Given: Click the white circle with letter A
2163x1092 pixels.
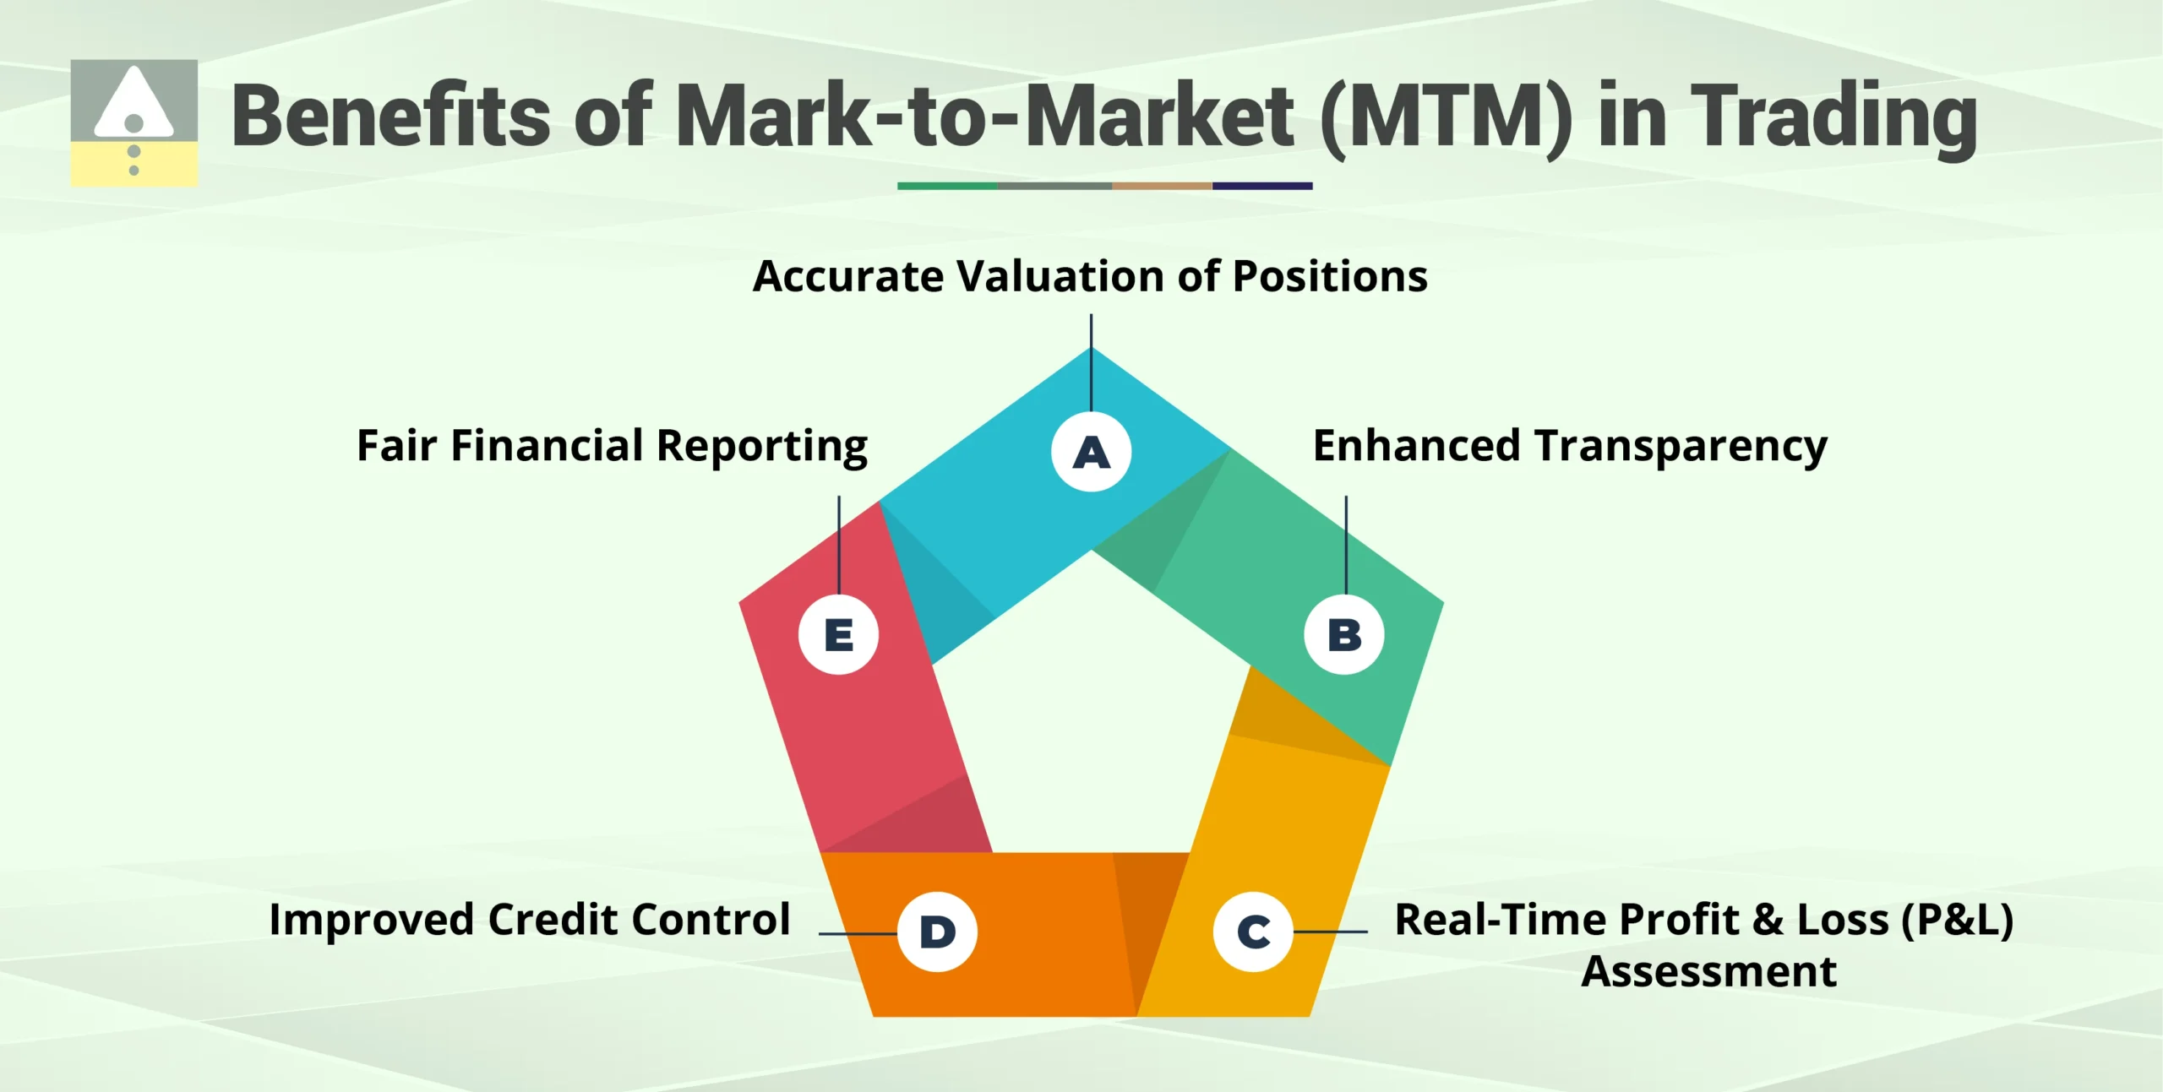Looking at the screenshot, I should [1091, 452].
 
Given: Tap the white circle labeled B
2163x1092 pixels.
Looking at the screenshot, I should [1343, 634].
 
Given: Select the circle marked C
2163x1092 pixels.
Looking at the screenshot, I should [1253, 932].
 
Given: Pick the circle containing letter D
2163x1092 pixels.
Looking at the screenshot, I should [937, 932].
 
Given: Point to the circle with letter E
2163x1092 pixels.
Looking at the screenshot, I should [838, 634].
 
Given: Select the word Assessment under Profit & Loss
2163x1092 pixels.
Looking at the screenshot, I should [1708, 971].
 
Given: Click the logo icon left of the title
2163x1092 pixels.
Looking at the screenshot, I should [134, 122].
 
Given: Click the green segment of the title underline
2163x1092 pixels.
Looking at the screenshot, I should [946, 186].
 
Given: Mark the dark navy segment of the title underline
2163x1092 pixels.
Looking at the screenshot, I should [1261, 186].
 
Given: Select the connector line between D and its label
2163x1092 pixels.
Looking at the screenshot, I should [857, 933].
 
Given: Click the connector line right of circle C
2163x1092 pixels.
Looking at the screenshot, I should [1330, 932].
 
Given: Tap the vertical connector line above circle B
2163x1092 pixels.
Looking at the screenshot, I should [1346, 545].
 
